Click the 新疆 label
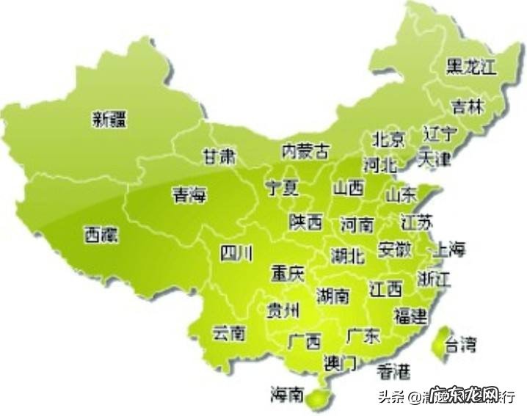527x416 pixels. (109, 119)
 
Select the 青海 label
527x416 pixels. (190, 194)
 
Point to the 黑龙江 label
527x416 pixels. (472, 67)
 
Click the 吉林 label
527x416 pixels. (468, 107)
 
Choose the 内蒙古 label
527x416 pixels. (305, 152)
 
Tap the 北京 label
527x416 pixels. (388, 139)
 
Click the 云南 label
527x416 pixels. (228, 334)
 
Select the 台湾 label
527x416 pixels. (462, 343)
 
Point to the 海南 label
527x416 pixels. (286, 395)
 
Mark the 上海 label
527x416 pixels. (451, 249)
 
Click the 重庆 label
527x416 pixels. (286, 274)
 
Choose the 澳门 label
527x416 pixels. (340, 362)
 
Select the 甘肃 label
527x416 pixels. (219, 156)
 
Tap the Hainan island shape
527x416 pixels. (316, 398)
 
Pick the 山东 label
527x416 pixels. (401, 194)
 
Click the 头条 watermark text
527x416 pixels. (391, 397)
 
